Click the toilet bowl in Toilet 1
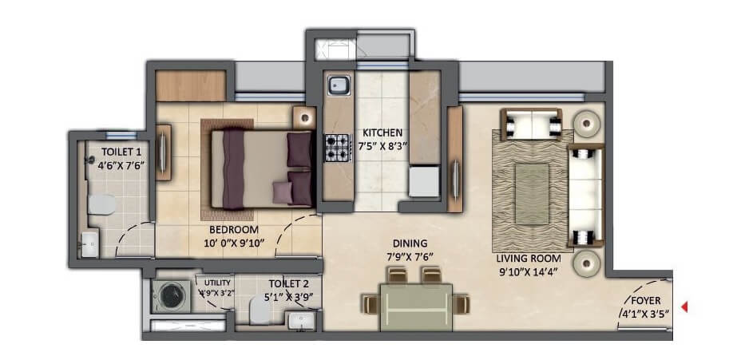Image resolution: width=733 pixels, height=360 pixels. (x=100, y=204)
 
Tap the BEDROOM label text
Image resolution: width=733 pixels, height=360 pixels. (x=229, y=227)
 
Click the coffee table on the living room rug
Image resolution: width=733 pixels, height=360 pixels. (x=530, y=185)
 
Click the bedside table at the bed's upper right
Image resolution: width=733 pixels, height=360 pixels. (x=303, y=117)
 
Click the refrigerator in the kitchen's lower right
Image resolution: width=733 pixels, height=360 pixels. (x=424, y=181)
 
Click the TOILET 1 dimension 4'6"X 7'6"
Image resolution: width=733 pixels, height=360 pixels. (x=121, y=166)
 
